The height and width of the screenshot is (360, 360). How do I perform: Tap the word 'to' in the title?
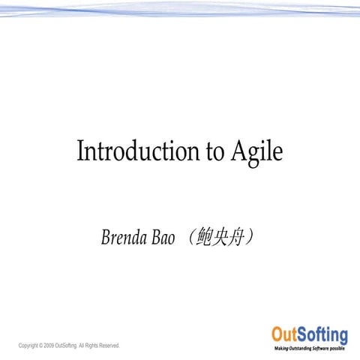point(213,152)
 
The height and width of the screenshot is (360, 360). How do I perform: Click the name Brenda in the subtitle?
point(123,238)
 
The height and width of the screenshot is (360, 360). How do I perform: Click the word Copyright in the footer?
point(29,346)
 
